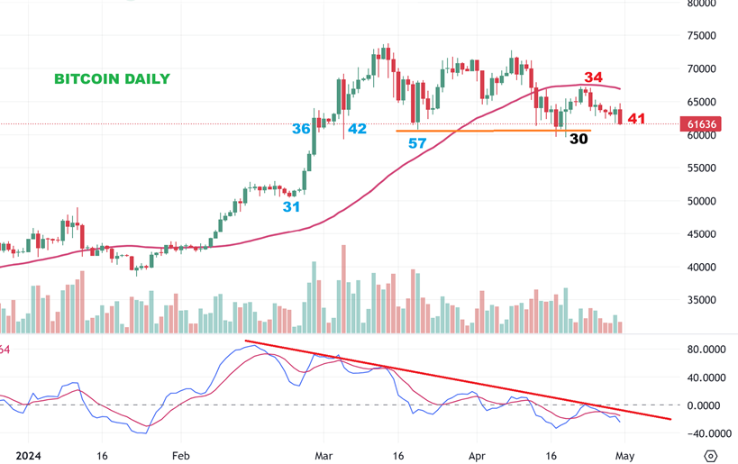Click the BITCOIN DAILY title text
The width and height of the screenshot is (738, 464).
click(112, 78)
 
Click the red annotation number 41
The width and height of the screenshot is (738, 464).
click(636, 119)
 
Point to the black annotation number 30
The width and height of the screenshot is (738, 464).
click(579, 140)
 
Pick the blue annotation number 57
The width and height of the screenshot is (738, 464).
click(417, 143)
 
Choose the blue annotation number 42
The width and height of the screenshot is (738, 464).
click(357, 129)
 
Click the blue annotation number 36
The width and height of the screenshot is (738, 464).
click(301, 129)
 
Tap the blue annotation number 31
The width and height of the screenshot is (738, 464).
click(291, 206)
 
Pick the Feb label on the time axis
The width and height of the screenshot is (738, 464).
click(182, 456)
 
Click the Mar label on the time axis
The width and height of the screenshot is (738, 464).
click(324, 456)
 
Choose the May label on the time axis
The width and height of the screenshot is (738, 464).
click(624, 456)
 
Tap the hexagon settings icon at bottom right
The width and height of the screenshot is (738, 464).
click(711, 456)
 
